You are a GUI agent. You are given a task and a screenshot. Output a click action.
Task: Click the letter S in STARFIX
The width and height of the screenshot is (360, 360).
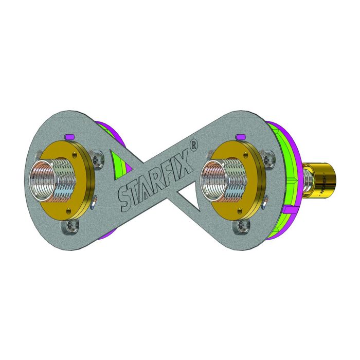(x=127, y=197)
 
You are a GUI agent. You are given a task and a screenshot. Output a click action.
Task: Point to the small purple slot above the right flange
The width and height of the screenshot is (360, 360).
(x=239, y=136)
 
